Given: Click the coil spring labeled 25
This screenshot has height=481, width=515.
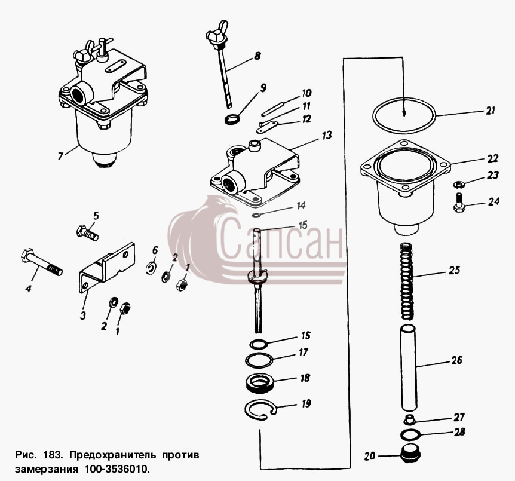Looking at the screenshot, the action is pyautogui.click(x=407, y=281).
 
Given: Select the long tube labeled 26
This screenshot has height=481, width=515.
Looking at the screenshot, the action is pyautogui.click(x=408, y=367).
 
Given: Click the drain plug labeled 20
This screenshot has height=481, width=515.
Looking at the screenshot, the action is pyautogui.click(x=411, y=454).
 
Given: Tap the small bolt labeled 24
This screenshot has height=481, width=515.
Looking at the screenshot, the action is pyautogui.click(x=459, y=203).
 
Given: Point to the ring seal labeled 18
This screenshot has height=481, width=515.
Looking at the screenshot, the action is pyautogui.click(x=259, y=384).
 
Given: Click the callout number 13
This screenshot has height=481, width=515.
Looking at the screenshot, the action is pyautogui.click(x=326, y=136).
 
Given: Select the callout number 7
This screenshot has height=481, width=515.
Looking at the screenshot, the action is pyautogui.click(x=60, y=156).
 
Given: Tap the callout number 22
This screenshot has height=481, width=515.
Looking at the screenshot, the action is pyautogui.click(x=493, y=158).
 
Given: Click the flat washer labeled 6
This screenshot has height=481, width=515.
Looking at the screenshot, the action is pyautogui.click(x=151, y=268).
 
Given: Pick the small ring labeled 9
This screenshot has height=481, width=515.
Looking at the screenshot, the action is pyautogui.click(x=232, y=119).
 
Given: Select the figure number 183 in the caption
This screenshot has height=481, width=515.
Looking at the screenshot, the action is pyautogui.click(x=52, y=455).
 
